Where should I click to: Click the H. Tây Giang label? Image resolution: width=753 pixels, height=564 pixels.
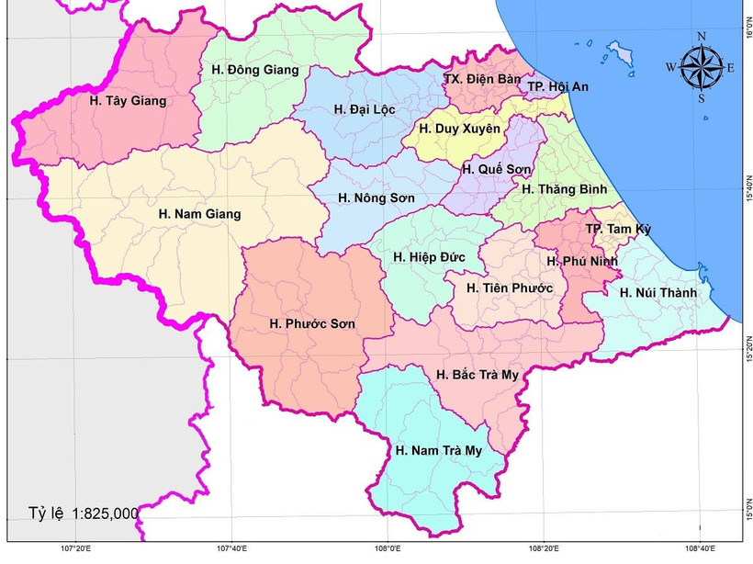(129, 101)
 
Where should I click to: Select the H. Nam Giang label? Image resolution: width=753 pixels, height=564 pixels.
(199, 214)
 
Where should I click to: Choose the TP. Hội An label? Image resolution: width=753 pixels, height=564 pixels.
(558, 86)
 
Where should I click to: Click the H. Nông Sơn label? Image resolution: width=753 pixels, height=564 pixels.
(376, 197)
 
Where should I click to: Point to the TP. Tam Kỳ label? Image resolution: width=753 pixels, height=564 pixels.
(618, 229)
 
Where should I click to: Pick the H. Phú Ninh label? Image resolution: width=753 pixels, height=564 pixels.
(582, 261)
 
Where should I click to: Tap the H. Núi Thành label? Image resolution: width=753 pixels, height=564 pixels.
(658, 293)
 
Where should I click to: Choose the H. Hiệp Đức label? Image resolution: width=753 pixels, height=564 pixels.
(430, 257)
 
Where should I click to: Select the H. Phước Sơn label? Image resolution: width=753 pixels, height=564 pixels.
(312, 324)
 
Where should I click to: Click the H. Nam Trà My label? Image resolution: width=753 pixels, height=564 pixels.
(439, 450)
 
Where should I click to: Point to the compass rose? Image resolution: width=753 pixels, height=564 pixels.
(701, 67)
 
